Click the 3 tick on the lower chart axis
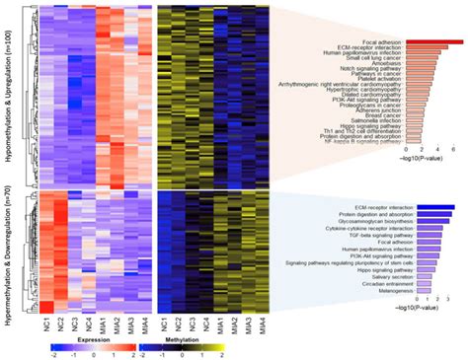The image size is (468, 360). [450, 299]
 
